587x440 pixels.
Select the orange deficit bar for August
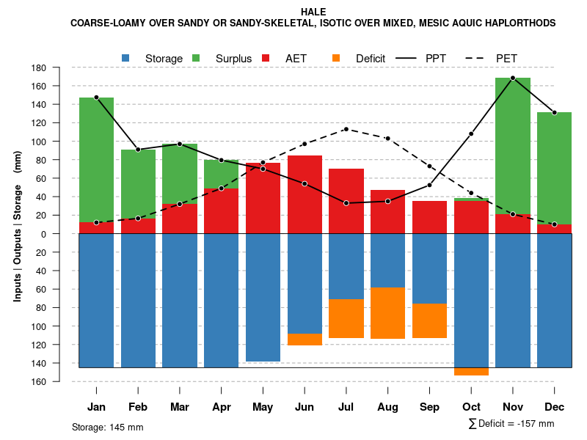click(387, 313)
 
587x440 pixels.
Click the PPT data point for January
click(96, 98)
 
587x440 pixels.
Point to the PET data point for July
click(346, 129)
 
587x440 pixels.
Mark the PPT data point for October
click(471, 133)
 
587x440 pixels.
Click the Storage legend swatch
click(126, 58)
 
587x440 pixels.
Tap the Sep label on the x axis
click(429, 407)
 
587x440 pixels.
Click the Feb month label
click(138, 407)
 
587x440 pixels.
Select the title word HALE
click(313, 12)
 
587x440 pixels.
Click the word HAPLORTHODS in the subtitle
click(519, 23)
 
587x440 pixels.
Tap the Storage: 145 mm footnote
click(108, 427)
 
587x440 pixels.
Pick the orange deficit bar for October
click(471, 372)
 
